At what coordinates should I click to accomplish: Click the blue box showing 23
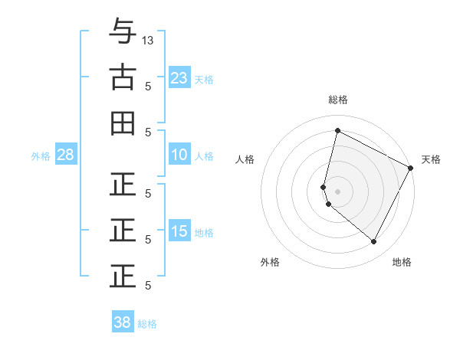pyautogui.click(x=179, y=77)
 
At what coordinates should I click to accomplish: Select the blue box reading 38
pyautogui.click(x=122, y=322)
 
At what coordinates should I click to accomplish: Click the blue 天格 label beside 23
pyautogui.click(x=204, y=79)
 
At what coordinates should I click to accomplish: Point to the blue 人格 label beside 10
pyautogui.click(x=204, y=156)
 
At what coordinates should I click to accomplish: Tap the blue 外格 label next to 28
pyautogui.click(x=41, y=156)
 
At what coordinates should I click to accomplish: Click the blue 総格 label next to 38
pyautogui.click(x=147, y=324)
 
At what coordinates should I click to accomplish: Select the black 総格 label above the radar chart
pyautogui.click(x=337, y=100)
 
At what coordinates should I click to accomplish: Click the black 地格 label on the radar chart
pyautogui.click(x=402, y=262)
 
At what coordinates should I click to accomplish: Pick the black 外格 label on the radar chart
pyautogui.click(x=270, y=262)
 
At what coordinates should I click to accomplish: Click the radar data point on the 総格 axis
pyautogui.click(x=337, y=131)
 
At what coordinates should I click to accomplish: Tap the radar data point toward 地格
pyautogui.click(x=373, y=241)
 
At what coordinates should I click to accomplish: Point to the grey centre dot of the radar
pyautogui.click(x=337, y=191)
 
